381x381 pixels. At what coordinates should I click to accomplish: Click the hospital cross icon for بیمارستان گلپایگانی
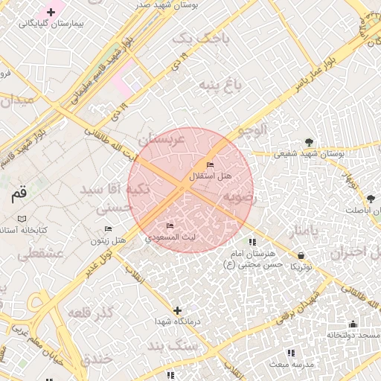[51, 12]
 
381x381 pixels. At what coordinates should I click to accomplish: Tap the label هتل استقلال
[211, 176]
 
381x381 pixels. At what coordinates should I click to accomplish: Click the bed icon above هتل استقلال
[210, 165]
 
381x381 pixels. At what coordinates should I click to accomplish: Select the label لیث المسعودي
[170, 237]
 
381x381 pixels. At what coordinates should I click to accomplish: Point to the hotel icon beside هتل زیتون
[108, 228]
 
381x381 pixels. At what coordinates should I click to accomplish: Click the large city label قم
[18, 195]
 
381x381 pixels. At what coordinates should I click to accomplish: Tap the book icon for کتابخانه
[22, 219]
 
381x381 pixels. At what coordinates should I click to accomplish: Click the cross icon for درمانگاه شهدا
[177, 310]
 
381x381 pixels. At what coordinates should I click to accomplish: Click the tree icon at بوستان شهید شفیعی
[309, 142]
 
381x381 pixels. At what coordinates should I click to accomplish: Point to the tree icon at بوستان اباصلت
[371, 198]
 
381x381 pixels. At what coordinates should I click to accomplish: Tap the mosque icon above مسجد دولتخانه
[353, 324]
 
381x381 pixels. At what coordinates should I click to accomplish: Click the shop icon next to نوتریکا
[300, 255]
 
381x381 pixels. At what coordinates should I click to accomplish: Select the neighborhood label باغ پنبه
[220, 86]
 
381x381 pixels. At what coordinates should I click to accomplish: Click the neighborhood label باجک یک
[196, 39]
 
